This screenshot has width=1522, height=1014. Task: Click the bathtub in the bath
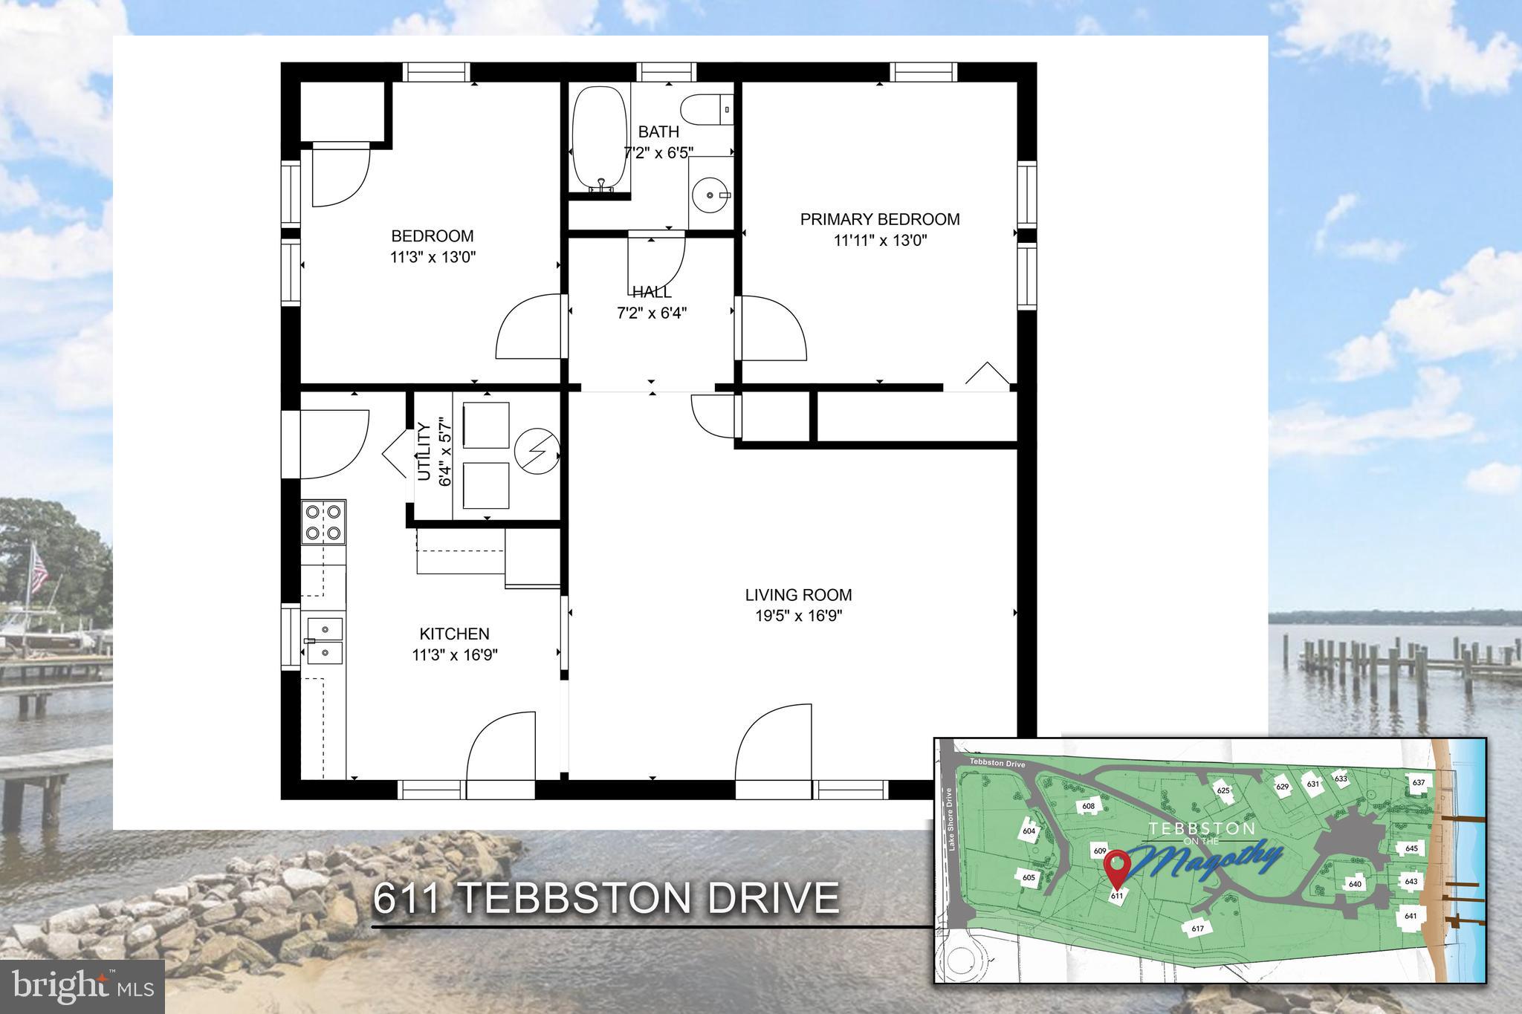tap(599, 138)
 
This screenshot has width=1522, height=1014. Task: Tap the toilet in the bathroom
tap(706, 110)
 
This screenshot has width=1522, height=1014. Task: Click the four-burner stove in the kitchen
tap(323, 522)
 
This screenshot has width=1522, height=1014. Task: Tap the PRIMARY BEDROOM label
tap(879, 219)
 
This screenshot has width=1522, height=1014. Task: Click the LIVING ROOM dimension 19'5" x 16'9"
tap(798, 616)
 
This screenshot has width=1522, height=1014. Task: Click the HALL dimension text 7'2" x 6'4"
tap(651, 313)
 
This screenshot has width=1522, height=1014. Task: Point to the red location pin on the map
tap(1117, 867)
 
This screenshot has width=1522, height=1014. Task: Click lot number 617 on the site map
tap(1197, 928)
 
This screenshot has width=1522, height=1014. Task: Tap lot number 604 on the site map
tap(1029, 831)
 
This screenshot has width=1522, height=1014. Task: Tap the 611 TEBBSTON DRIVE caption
tap(606, 898)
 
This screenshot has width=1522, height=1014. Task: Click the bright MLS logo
tap(82, 987)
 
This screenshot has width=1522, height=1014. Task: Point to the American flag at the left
tap(38, 570)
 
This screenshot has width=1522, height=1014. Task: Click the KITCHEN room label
tap(454, 634)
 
